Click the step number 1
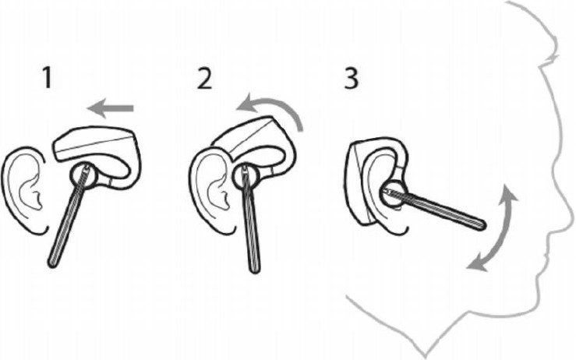(x=47, y=79)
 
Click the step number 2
(x=203, y=79)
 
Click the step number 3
(x=352, y=79)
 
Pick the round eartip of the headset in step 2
(x=242, y=178)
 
